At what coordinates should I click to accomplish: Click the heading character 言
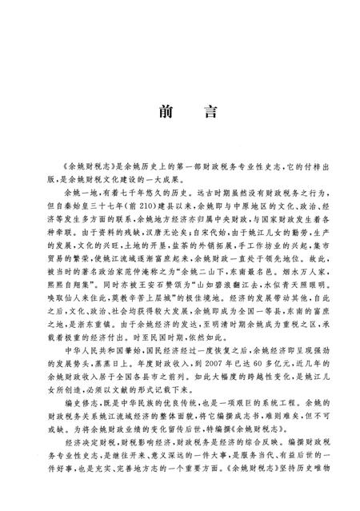click(x=206, y=111)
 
